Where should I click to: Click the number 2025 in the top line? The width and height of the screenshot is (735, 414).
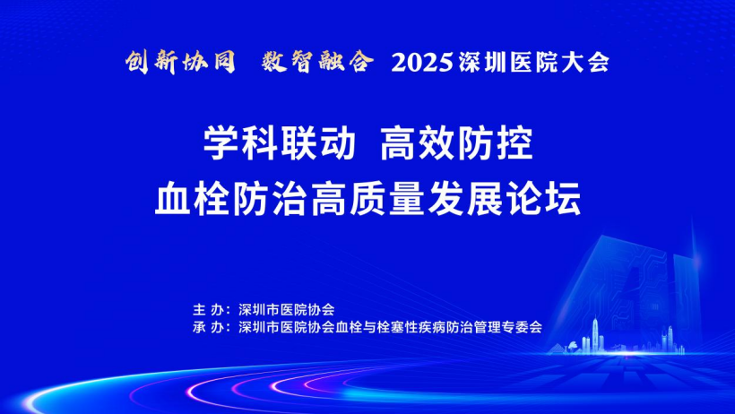(x=422, y=63)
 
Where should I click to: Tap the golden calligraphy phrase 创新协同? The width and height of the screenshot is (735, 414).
(x=180, y=62)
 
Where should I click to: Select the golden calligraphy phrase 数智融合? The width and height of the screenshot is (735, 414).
(x=318, y=62)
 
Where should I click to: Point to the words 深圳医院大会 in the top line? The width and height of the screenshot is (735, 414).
(x=534, y=63)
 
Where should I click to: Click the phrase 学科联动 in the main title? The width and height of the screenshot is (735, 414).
(x=280, y=144)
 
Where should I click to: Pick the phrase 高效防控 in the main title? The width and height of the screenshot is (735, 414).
(x=456, y=144)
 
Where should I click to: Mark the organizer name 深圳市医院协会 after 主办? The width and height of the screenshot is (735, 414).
(x=287, y=310)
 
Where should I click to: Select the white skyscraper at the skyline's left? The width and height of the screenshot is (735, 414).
(x=595, y=335)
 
